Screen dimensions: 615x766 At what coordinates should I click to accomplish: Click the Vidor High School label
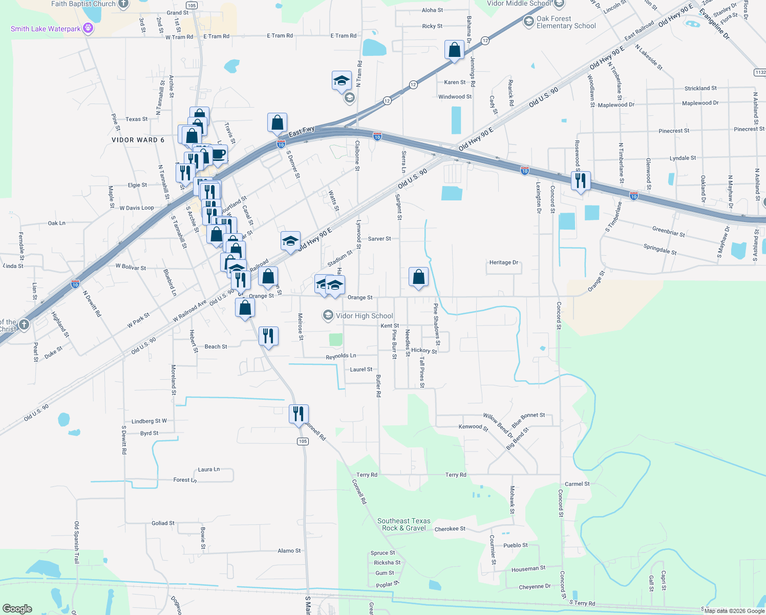(364, 316)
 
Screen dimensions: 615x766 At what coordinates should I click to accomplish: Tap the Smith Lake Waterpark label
(46, 29)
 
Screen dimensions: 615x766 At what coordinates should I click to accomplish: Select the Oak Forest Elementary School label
(566, 22)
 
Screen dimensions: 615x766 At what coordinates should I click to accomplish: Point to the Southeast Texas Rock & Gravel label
(403, 524)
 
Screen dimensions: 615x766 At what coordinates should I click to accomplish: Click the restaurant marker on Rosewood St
(580, 181)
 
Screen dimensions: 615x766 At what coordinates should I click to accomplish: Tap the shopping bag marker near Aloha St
(454, 50)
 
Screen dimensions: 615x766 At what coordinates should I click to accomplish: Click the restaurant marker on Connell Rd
(299, 414)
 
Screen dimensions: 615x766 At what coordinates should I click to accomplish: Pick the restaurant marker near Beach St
(268, 336)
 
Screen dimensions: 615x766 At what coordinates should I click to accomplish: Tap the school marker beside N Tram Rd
(342, 80)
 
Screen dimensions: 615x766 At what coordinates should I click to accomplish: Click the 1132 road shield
(760, 72)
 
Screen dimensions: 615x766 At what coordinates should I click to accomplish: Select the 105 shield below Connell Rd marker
(303, 441)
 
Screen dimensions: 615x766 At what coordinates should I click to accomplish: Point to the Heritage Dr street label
(504, 262)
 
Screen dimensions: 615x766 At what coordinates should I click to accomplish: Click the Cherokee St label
(450, 529)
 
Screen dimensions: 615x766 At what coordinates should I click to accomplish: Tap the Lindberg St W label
(149, 421)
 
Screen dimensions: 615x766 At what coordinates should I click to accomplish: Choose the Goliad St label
(163, 523)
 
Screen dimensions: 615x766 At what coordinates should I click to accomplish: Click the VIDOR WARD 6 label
(138, 140)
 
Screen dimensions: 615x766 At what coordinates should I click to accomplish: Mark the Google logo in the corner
(17, 609)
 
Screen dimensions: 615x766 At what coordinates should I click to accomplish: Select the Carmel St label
(577, 484)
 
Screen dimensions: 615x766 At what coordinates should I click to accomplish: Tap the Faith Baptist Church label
(83, 4)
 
